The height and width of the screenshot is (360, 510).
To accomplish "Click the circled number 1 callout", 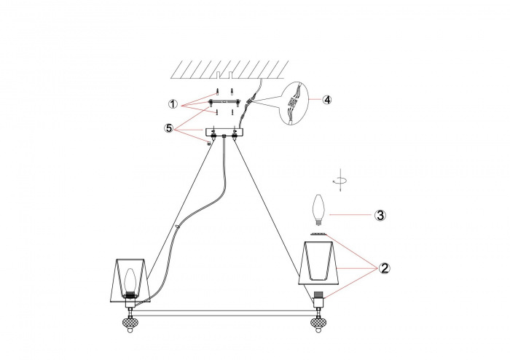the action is pyautogui.click(x=173, y=104).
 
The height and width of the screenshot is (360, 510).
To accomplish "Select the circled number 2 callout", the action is pyautogui.click(x=385, y=268).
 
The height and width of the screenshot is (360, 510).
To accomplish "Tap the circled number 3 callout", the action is pyautogui.click(x=380, y=215).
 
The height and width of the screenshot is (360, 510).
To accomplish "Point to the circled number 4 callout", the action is pyautogui.click(x=327, y=100).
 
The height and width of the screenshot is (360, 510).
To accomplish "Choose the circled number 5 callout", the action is pyautogui.click(x=169, y=128).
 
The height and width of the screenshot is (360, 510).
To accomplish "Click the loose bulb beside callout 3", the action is pyautogui.click(x=318, y=209).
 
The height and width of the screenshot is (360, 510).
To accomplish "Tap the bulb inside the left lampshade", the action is pyautogui.click(x=130, y=280).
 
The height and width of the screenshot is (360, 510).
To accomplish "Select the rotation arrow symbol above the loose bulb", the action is pyautogui.click(x=340, y=180).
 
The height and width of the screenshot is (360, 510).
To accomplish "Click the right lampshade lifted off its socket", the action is pyautogui.click(x=319, y=263).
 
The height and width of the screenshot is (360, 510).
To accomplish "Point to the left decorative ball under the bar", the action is pyautogui.click(x=130, y=324).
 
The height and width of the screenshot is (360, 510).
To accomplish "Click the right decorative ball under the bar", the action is pyautogui.click(x=318, y=324).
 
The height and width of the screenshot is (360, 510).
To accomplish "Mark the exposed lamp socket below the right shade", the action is pyautogui.click(x=319, y=300).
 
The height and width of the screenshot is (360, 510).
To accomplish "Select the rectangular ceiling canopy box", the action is pyautogui.click(x=224, y=132).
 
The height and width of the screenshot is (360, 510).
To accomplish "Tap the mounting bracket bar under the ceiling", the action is pyautogui.click(x=224, y=102).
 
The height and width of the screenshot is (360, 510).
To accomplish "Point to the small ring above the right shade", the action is pyautogui.click(x=318, y=234).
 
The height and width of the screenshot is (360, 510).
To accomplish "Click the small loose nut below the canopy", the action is pyautogui.click(x=210, y=142).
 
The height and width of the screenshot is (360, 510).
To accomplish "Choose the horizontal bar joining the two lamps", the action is pyautogui.click(x=224, y=313).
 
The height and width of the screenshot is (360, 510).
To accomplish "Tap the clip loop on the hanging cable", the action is pyautogui.click(x=178, y=226).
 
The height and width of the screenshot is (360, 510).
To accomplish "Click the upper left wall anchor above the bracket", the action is pyautogui.click(x=216, y=91).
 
